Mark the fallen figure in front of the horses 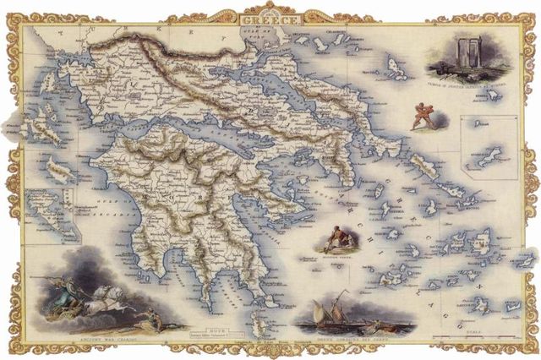coord(150,318)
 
